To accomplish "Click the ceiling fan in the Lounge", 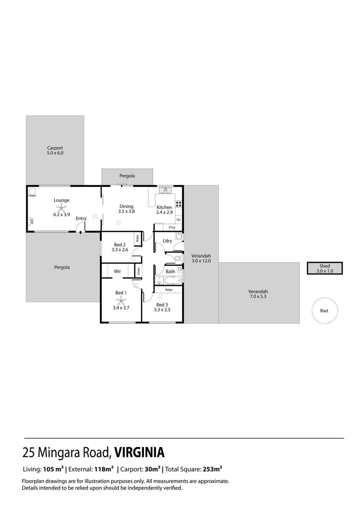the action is (x=61, y=207).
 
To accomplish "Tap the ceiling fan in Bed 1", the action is (x=121, y=301).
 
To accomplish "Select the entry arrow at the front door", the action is (x=81, y=232).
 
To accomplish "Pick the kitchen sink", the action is (x=166, y=190).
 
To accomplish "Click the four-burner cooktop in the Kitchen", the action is (x=179, y=204).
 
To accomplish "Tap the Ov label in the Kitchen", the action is (x=179, y=220).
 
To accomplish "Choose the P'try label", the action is (x=172, y=227).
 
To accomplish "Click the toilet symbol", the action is (x=178, y=259).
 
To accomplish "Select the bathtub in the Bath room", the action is (x=173, y=280).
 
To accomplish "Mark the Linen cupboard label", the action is (x=138, y=271).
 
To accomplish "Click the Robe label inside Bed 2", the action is (x=138, y=238).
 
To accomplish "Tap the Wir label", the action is (x=117, y=271).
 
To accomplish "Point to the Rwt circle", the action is (x=324, y=310).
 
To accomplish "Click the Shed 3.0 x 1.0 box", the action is (x=324, y=268).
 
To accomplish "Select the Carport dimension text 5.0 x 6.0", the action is (x=55, y=153).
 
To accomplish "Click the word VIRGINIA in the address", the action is (x=139, y=453).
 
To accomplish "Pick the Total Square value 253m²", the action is (x=212, y=469).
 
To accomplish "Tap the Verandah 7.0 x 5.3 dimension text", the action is (x=258, y=296).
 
